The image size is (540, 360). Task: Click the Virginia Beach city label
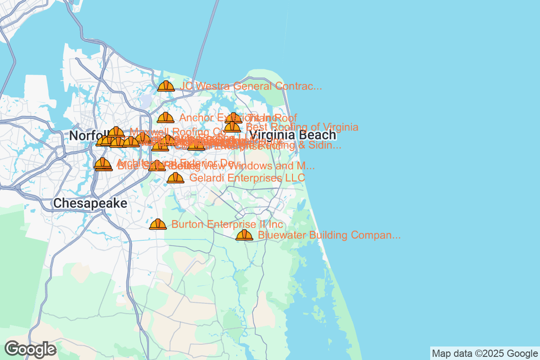pos(292,135)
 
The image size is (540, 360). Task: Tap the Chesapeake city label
pos(90,203)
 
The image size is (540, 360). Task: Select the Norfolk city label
pos(88,135)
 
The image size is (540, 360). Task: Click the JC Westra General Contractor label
pos(251,86)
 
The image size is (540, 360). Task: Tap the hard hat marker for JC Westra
pos(166,85)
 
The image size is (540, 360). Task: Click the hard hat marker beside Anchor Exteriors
pos(165,117)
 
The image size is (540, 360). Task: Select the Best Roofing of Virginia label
pos(302,127)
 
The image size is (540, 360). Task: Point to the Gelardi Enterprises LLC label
pos(247,178)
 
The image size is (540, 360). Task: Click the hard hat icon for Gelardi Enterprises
pos(175,177)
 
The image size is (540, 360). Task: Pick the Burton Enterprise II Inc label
pos(227,224)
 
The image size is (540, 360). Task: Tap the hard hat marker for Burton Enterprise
pos(157,224)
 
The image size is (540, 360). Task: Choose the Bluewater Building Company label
pos(329,235)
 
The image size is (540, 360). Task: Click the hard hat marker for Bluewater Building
pos(244,234)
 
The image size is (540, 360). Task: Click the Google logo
pos(31,349)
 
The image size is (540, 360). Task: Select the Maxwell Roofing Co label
pos(178,132)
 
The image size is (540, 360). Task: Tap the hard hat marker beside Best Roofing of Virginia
pos(232,127)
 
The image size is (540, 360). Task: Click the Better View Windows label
pos(243,166)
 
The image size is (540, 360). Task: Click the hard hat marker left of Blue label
pos(103,165)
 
